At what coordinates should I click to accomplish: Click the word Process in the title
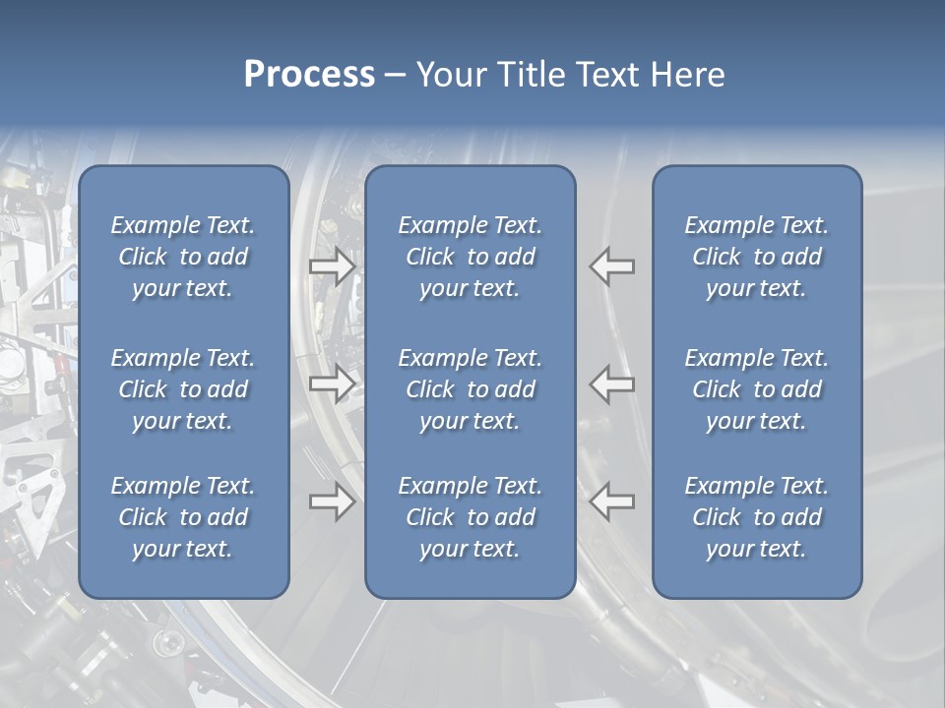click(x=309, y=75)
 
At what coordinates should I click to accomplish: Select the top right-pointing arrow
click(x=332, y=266)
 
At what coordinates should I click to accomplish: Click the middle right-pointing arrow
click(x=332, y=383)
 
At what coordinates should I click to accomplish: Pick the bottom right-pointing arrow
click(x=332, y=501)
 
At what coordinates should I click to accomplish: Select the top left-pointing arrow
click(x=612, y=266)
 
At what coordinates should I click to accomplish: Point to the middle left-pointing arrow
click(x=612, y=383)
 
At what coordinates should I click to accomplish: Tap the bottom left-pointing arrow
click(x=612, y=501)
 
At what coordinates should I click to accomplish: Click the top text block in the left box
click(x=183, y=257)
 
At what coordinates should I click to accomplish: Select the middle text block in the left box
click(x=183, y=389)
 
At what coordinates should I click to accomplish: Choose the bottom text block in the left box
click(x=183, y=517)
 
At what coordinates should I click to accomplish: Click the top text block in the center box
click(x=470, y=257)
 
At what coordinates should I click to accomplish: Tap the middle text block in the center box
click(x=470, y=389)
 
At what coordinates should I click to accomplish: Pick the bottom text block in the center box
click(x=470, y=517)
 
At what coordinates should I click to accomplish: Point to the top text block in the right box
click(x=757, y=257)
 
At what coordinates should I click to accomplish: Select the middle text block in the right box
click(x=757, y=389)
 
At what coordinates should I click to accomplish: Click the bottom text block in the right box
click(x=757, y=517)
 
